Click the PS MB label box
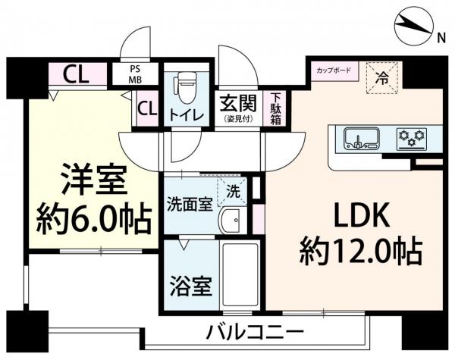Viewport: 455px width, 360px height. (135, 74)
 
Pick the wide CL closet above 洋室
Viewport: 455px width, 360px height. (74, 74)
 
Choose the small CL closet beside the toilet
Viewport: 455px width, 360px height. (147, 108)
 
